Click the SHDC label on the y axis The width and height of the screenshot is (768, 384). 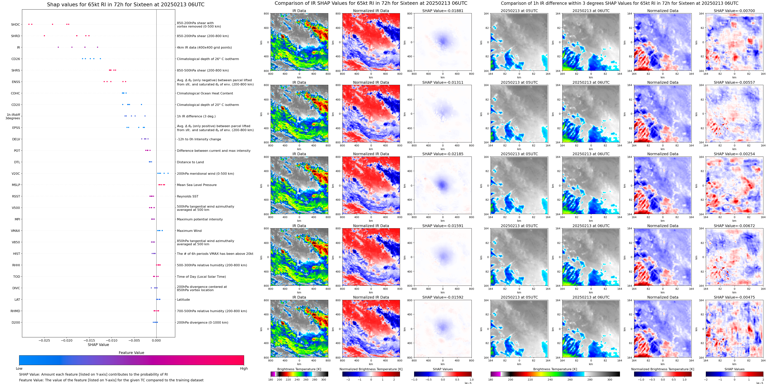click(x=15, y=24)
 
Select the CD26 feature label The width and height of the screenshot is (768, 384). click(x=15, y=59)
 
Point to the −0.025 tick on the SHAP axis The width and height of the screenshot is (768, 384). click(x=44, y=340)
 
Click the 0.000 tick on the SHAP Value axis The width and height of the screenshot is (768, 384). click(x=156, y=340)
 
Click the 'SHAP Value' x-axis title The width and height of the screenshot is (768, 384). click(x=98, y=345)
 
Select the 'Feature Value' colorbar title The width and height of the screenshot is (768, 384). click(x=131, y=353)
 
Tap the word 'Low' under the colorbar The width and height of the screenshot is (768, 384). click(x=19, y=369)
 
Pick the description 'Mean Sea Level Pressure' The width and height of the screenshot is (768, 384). click(x=197, y=185)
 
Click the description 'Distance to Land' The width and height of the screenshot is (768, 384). click(x=190, y=162)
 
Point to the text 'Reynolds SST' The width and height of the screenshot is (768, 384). click(x=187, y=196)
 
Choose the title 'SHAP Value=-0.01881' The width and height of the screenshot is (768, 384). click(x=443, y=11)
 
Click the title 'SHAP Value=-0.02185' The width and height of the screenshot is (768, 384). click(x=443, y=154)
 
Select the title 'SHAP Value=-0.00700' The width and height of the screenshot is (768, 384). click(x=734, y=11)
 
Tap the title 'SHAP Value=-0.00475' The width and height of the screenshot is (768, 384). click(x=734, y=297)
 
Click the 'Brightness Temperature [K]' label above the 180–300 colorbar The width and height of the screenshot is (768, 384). click(x=299, y=369)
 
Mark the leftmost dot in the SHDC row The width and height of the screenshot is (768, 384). click(x=29, y=24)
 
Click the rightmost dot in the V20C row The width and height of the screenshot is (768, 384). click(x=168, y=173)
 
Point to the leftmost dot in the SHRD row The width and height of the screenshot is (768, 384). click(x=44, y=36)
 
